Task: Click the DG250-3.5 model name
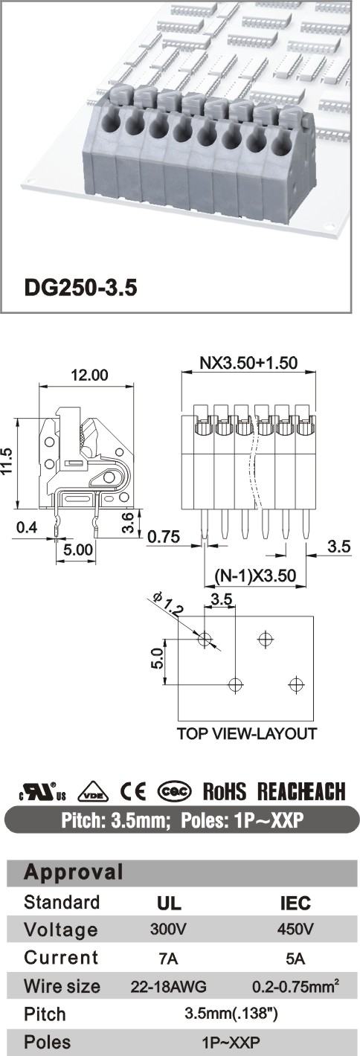[80, 287]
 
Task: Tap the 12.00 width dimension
[89, 376]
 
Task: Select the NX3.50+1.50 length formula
[248, 362]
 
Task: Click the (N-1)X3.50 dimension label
[255, 576]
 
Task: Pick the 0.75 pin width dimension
[164, 536]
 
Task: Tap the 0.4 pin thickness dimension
[27, 527]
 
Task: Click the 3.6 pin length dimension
[129, 522]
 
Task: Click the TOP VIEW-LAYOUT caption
[247, 733]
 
